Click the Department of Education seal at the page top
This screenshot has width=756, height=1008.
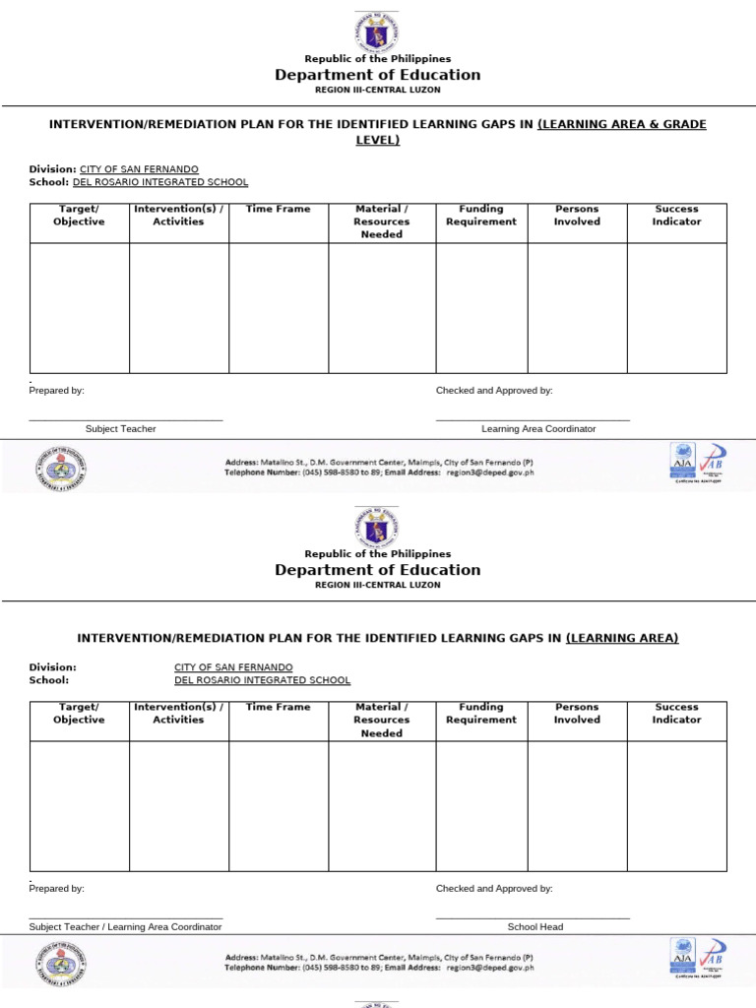[378, 31]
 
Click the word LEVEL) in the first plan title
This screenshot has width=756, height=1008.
[378, 140]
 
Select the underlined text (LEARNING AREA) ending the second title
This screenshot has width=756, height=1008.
[622, 638]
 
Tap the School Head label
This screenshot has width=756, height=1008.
[535, 926]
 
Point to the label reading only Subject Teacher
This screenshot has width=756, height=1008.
[120, 428]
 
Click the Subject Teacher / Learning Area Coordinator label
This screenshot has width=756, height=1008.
[125, 926]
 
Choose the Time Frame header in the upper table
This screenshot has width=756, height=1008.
[278, 209]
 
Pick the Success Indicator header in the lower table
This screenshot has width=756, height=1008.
[676, 714]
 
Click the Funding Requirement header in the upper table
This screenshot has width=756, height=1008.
[480, 216]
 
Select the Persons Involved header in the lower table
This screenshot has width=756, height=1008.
[577, 714]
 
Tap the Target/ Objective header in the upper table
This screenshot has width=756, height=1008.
[79, 216]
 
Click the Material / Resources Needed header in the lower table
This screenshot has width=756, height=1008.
[381, 720]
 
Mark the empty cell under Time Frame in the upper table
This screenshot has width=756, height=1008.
[279, 307]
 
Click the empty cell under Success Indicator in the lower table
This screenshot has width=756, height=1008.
[676, 805]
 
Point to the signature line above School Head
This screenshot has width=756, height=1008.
[532, 917]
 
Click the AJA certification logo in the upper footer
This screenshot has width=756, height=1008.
[682, 459]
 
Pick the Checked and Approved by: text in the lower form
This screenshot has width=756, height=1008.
[494, 888]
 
